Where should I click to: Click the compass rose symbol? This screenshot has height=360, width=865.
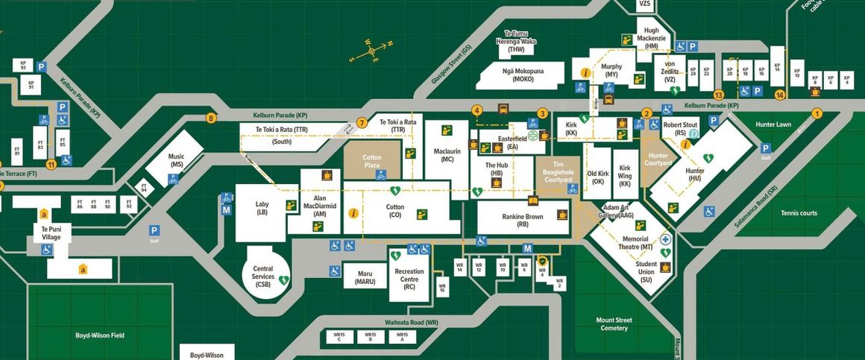(x=371, y=52)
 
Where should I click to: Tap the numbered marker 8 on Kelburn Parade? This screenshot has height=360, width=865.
(x=212, y=118)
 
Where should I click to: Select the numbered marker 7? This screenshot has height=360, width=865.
(x=362, y=123)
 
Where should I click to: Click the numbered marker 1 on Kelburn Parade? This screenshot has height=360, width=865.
(x=817, y=114)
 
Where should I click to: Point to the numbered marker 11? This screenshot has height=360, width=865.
(x=51, y=165)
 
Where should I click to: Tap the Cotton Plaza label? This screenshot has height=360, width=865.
(x=371, y=162)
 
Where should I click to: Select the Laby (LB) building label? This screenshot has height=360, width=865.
(x=261, y=208)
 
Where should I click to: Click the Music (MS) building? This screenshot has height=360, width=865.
(x=177, y=160)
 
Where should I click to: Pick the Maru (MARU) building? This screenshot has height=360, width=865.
(x=365, y=277)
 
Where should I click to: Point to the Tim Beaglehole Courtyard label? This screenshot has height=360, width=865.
(x=558, y=173)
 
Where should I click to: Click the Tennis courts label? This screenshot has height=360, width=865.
(x=799, y=213)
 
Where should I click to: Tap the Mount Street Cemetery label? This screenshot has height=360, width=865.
(x=614, y=324)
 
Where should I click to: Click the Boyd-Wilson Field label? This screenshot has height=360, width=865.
(x=100, y=335)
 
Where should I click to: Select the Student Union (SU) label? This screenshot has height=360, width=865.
(x=646, y=272)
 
